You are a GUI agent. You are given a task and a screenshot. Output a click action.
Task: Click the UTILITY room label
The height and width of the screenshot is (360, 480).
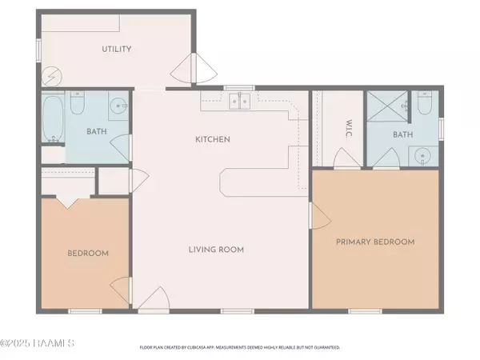pos(116,50)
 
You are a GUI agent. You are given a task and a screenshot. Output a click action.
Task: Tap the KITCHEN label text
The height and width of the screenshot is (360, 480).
pos(213,139)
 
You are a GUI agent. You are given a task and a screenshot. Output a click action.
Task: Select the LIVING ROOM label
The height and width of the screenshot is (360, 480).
pos(216,250)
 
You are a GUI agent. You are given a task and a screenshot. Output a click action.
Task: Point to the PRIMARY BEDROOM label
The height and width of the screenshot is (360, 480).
pos(375,242)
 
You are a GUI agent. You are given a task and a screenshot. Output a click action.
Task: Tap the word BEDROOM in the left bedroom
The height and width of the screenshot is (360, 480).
pos(86,254)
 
